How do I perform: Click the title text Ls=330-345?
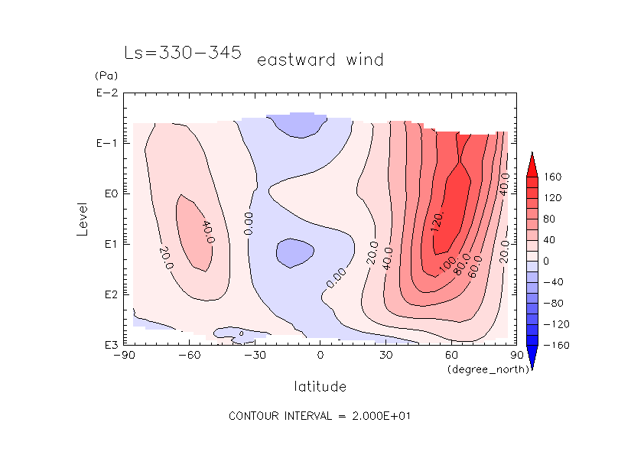(183, 53)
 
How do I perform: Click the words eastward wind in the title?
(320, 60)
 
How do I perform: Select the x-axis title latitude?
(320, 386)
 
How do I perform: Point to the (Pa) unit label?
(105, 76)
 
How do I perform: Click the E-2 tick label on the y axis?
(106, 93)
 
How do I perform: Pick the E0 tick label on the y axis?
(107, 194)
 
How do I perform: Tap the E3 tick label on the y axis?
(107, 345)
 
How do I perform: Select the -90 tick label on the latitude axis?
(124, 356)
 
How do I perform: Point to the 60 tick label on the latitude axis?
(451, 356)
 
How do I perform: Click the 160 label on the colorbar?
(553, 177)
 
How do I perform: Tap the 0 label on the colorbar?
(546, 262)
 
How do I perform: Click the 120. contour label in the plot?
(437, 222)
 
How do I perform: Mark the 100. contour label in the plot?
(447, 262)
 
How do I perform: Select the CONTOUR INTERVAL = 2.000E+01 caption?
(321, 416)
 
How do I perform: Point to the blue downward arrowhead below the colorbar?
(532, 357)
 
